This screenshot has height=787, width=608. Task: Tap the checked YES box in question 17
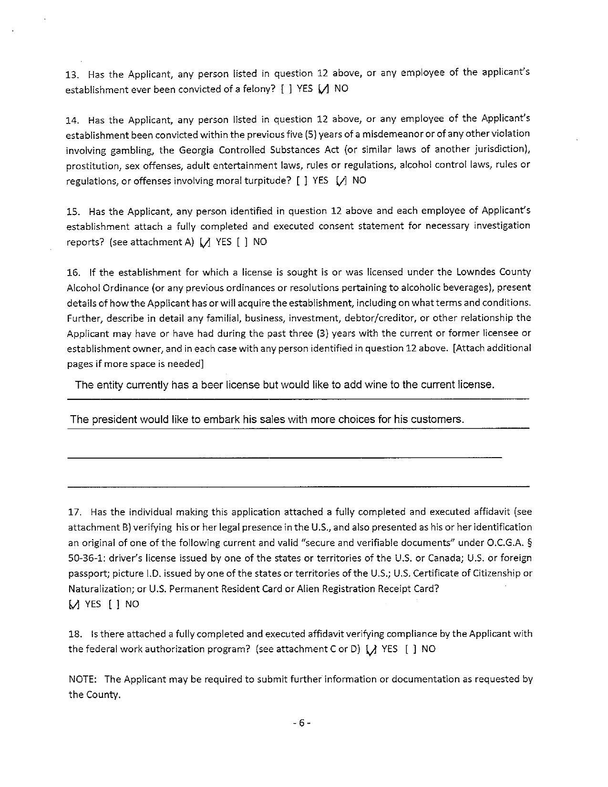73,604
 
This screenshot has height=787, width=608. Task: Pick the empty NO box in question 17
113,604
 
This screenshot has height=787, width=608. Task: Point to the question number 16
73,273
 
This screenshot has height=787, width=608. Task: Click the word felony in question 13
258,89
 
